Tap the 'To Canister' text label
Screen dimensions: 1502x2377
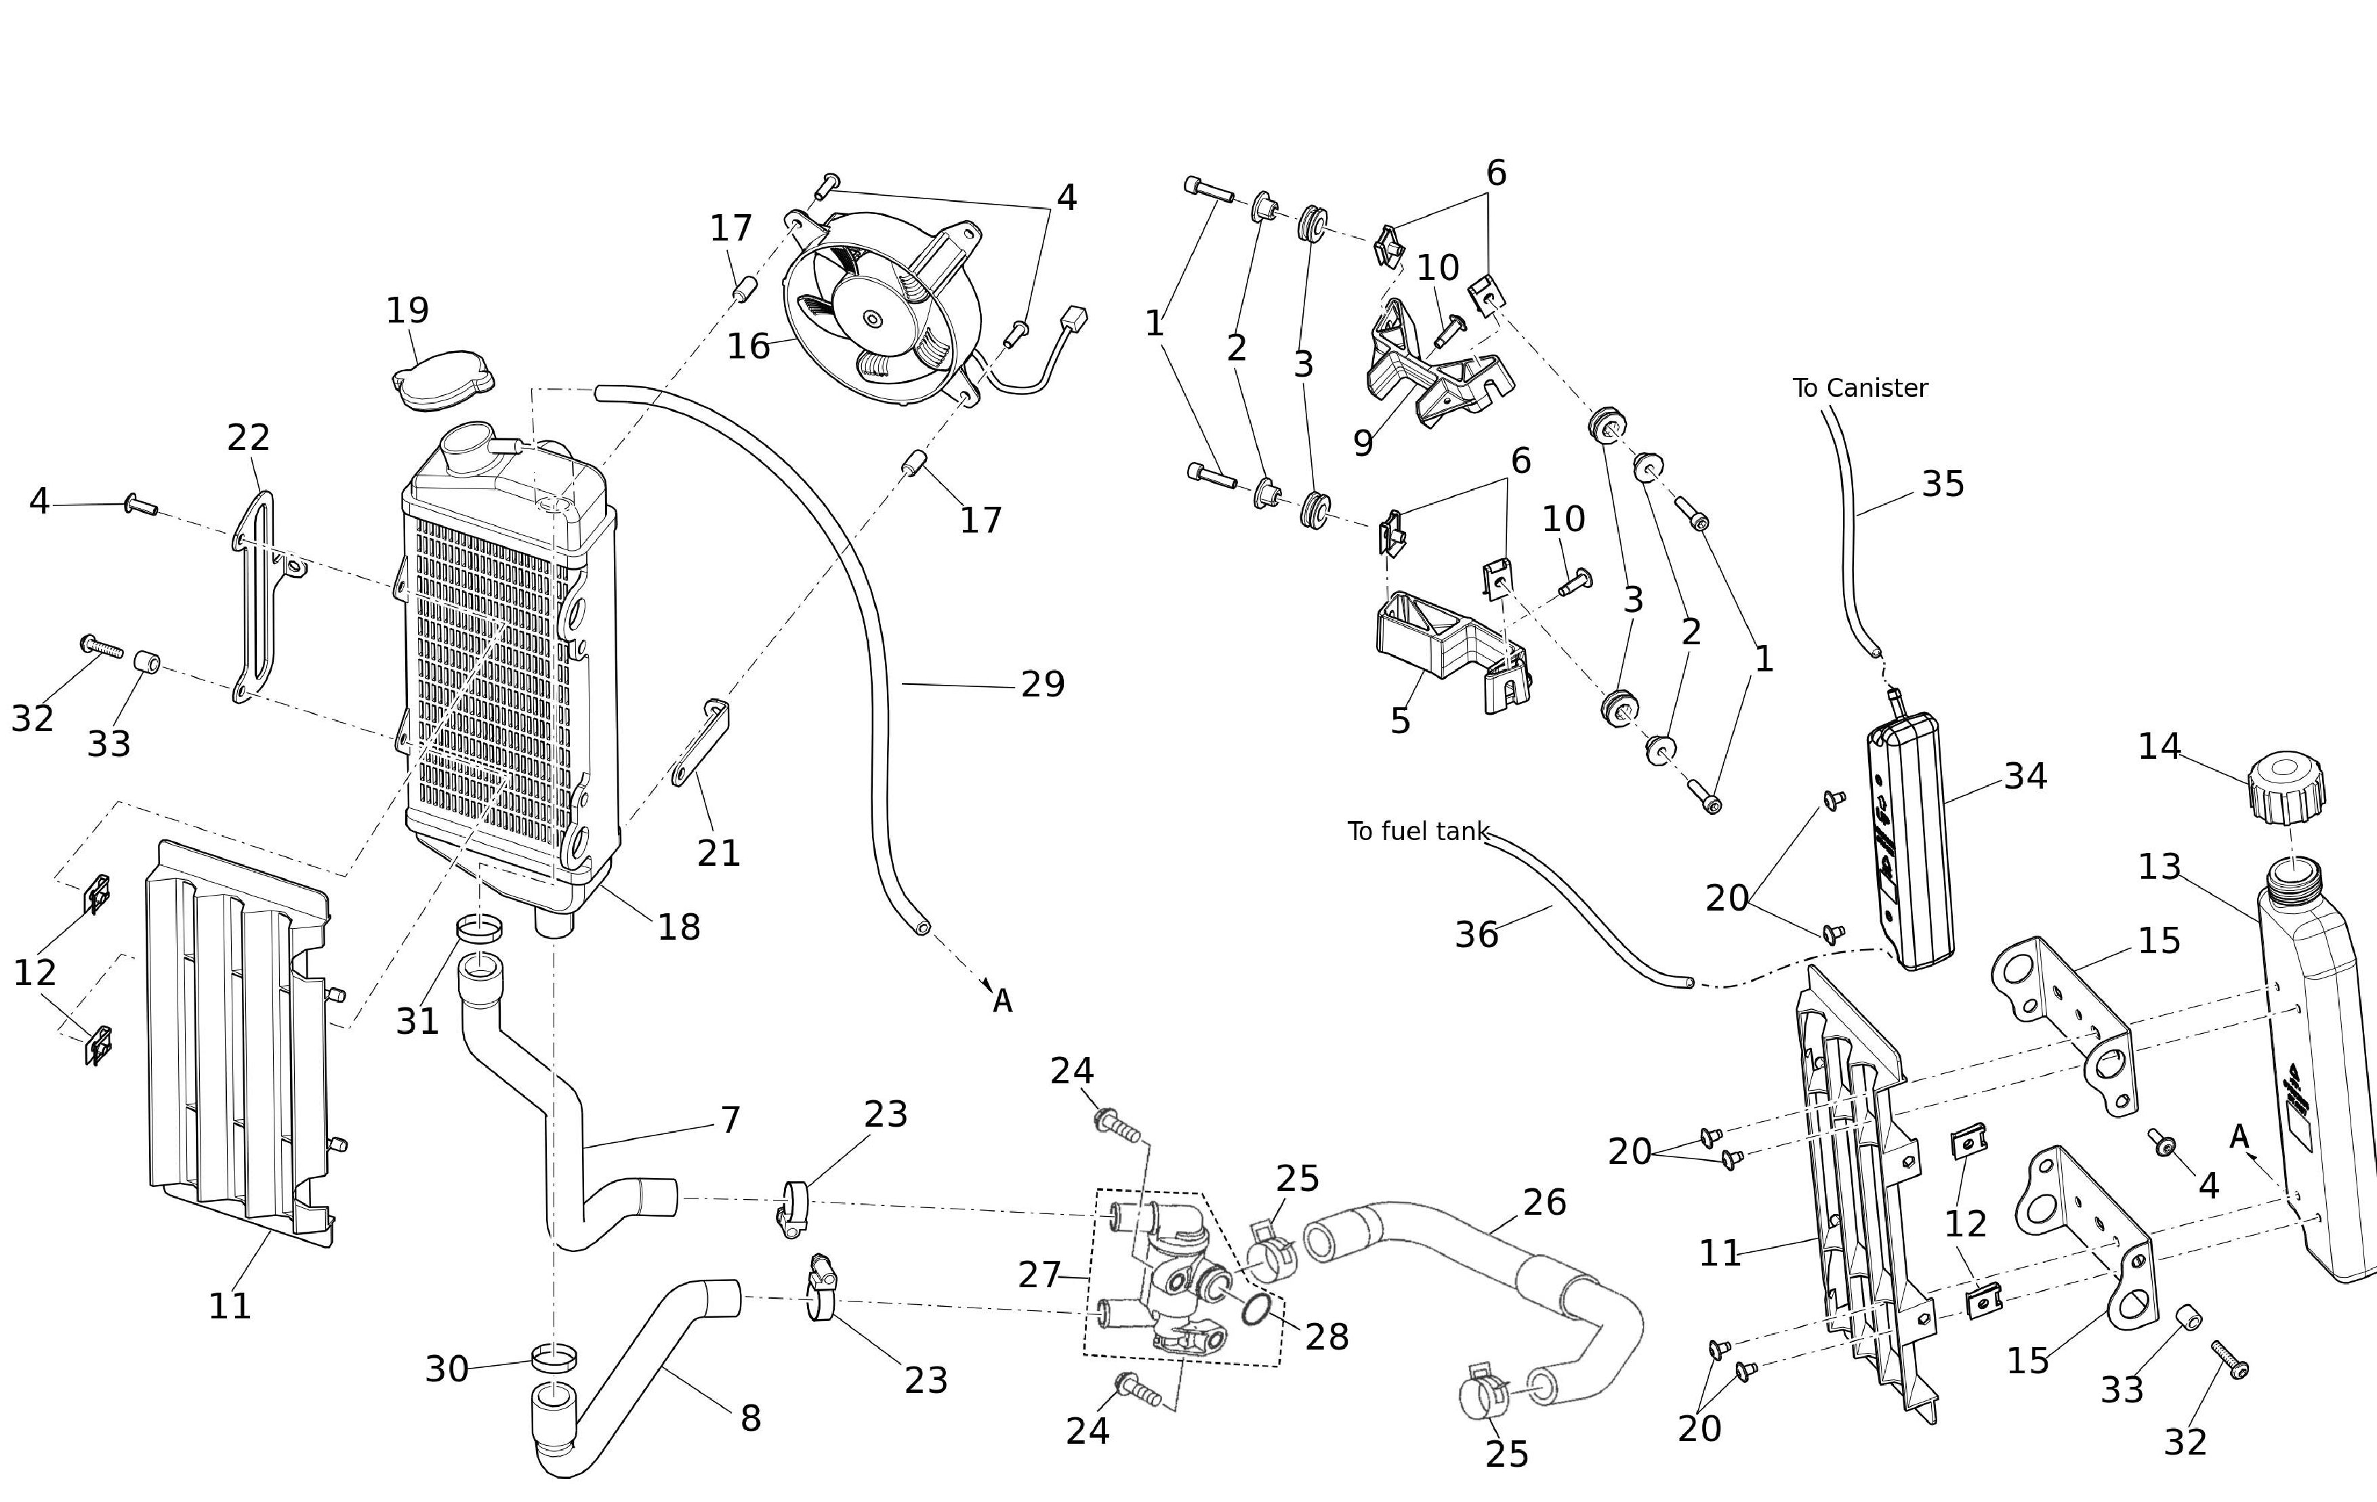(1860, 388)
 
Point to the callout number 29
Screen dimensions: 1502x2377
(1042, 684)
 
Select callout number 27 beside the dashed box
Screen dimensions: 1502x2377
(1039, 1275)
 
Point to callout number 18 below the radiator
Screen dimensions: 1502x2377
(679, 927)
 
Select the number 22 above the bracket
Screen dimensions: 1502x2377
(248, 436)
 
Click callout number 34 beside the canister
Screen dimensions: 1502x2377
(2025, 776)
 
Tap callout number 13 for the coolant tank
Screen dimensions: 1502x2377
(2159, 867)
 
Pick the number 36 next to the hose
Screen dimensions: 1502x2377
(1476, 934)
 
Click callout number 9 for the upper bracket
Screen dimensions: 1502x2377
(1363, 443)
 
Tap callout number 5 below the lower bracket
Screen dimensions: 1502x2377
(1400, 720)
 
